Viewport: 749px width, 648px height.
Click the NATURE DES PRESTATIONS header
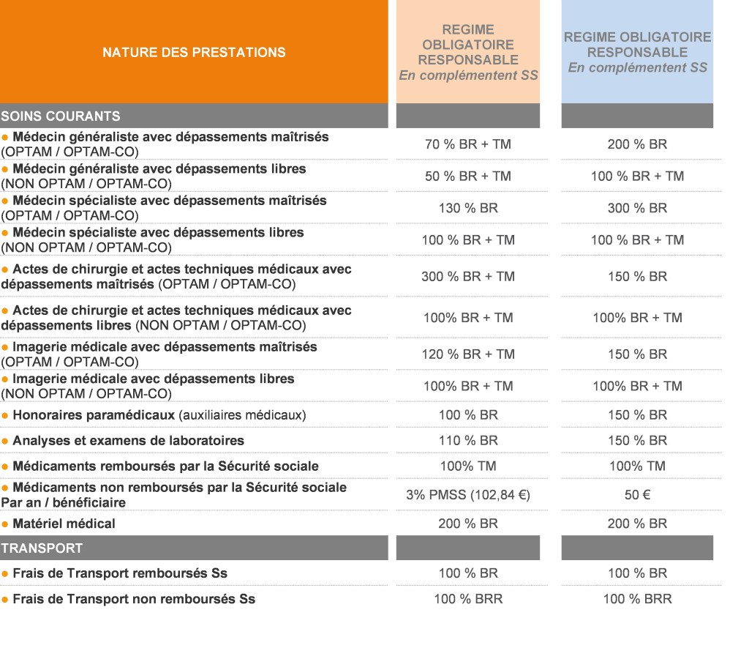point(194,53)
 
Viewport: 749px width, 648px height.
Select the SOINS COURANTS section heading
point(61,116)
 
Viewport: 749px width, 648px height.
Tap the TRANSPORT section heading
point(42,548)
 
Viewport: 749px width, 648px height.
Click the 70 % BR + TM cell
point(468,144)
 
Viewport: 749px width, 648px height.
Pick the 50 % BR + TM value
point(468,176)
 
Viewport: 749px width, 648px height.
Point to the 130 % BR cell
point(468,208)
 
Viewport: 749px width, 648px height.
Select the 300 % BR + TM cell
point(468,276)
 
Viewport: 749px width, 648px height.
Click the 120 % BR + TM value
point(468,354)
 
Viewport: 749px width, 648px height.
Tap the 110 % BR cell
point(468,441)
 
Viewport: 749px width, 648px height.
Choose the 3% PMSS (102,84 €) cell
point(468,495)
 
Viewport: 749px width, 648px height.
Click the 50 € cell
point(637,495)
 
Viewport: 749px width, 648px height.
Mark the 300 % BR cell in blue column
point(637,208)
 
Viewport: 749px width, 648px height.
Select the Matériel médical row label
point(64,524)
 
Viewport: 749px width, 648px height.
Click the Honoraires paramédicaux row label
point(94,415)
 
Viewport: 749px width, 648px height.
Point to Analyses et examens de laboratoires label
point(128,441)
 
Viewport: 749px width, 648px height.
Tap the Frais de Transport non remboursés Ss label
point(134,599)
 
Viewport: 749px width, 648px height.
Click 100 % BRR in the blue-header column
point(637,599)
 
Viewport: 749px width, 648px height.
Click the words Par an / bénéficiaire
point(64,503)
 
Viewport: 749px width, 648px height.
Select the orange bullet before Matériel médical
point(5,524)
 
